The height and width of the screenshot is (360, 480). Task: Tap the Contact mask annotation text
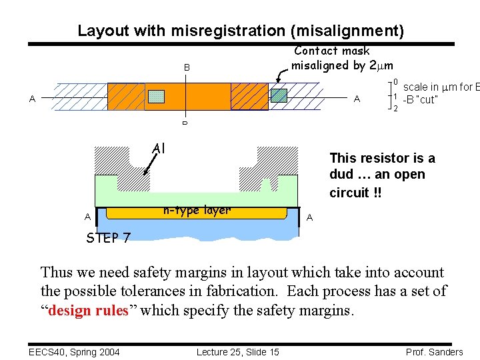tap(331, 51)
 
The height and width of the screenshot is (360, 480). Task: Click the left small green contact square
tap(155, 96)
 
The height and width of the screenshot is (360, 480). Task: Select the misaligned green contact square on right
tap(279, 95)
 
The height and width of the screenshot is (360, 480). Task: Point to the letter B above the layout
tap(187, 68)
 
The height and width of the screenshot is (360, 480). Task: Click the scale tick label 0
tap(395, 83)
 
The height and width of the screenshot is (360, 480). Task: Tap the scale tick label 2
tap(395, 108)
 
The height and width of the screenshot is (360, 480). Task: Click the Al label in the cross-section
tap(159, 148)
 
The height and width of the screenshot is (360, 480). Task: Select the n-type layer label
tap(197, 210)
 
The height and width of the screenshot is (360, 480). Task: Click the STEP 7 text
tap(108, 238)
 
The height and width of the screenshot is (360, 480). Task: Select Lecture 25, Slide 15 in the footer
tap(237, 352)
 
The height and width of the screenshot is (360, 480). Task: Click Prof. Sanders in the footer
tap(433, 352)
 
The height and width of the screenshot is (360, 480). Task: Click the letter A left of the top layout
tap(32, 99)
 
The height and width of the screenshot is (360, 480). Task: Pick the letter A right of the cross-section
tap(309, 217)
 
